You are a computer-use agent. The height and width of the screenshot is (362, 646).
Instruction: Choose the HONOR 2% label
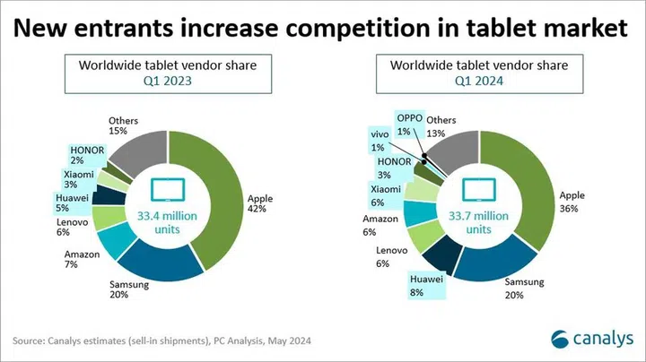86,154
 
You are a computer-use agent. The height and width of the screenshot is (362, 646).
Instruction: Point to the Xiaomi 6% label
385,194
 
